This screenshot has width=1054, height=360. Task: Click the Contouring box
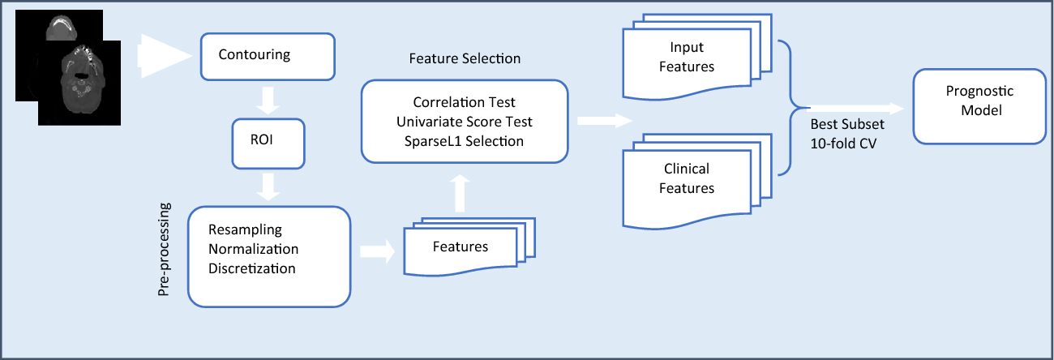tap(267, 57)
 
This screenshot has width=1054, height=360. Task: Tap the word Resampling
tap(245, 229)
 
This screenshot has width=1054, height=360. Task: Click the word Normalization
tap(253, 249)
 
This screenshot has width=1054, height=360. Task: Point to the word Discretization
tap(251, 268)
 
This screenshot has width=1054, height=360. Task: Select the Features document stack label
tap(460, 246)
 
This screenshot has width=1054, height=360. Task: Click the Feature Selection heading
tap(465, 59)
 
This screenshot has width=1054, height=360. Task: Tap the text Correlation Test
tap(465, 103)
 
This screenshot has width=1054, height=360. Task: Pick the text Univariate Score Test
tap(465, 122)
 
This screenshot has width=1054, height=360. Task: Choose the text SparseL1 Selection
tap(465, 141)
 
